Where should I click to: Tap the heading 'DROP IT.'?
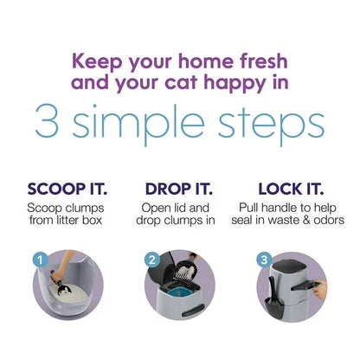coord(179,189)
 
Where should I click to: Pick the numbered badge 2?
coord(151,258)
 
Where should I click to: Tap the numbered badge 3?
coord(265,258)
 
